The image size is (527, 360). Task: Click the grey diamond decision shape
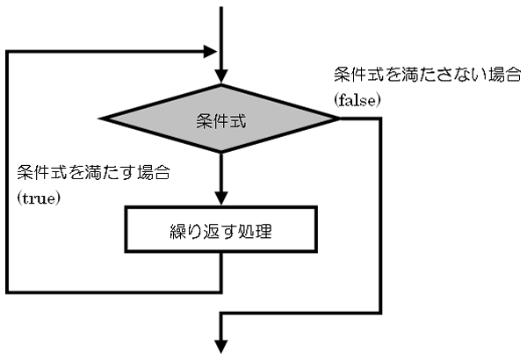[220, 119]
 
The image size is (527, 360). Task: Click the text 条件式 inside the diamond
[221, 120]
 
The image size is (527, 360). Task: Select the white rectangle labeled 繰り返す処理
[220, 229]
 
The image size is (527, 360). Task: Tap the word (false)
[357, 100]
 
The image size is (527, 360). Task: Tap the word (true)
[39, 198]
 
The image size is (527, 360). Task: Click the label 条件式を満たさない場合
[428, 75]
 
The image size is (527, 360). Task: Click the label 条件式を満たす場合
[94, 173]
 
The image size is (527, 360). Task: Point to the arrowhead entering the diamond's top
[220, 76]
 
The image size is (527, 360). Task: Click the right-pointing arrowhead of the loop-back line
[211, 52]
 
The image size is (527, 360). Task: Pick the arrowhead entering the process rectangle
[220, 198]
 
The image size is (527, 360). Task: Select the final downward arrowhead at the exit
[220, 347]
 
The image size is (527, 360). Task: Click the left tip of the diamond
[98, 119]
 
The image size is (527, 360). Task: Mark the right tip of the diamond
[339, 119]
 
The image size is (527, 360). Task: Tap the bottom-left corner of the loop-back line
[7, 292]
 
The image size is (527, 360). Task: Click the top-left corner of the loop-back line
[7, 52]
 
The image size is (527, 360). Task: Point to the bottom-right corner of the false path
[380, 313]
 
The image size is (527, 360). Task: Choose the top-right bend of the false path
[380, 119]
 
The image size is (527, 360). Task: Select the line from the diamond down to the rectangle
[220, 172]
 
